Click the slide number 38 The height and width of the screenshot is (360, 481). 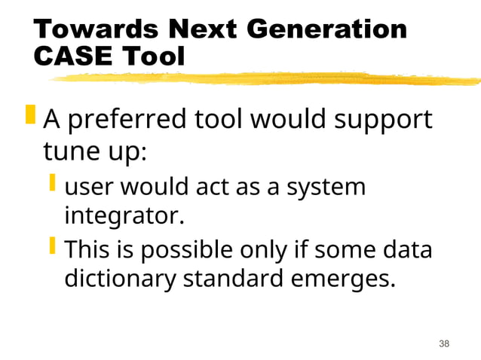point(444,343)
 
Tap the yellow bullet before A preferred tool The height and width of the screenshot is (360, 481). point(30,116)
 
